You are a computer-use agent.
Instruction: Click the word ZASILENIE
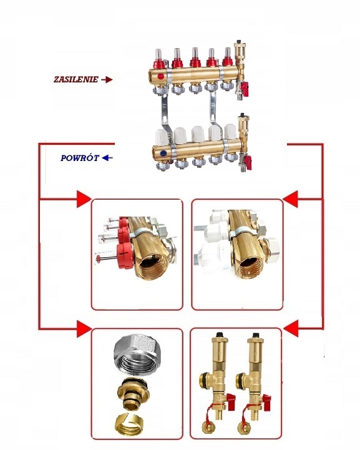point(76,79)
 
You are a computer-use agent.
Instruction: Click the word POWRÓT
point(80,158)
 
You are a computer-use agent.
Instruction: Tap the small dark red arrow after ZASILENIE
point(107,80)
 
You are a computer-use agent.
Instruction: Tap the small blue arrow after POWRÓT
point(107,158)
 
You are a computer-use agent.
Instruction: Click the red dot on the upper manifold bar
point(161,77)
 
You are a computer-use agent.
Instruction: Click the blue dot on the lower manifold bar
point(163,154)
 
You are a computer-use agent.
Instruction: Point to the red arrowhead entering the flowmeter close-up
point(84,198)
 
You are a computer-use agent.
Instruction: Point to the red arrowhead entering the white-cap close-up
point(290,198)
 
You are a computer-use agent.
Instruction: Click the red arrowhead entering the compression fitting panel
point(84,328)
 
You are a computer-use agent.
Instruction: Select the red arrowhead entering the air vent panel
point(290,328)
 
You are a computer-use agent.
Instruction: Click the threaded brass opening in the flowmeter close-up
point(153,265)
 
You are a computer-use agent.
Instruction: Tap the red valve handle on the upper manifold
point(245,86)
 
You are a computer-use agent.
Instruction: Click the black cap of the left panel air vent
point(220,335)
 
